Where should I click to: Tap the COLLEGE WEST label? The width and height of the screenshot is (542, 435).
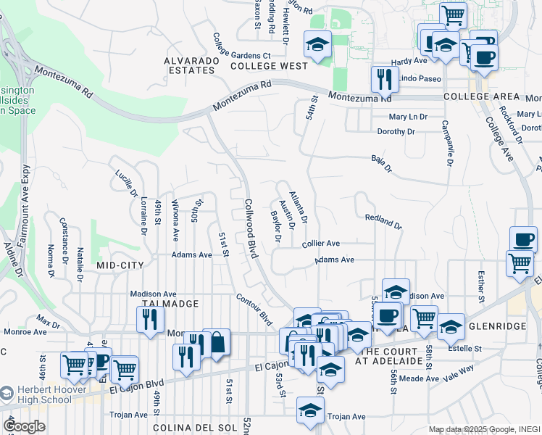269,66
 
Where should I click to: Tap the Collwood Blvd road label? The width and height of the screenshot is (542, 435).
251,229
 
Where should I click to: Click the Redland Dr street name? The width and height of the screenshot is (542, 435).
383,221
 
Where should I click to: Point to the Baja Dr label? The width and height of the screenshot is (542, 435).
381,165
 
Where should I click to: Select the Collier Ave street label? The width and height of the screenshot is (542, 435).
321,244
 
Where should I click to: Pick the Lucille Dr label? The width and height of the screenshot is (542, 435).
125,183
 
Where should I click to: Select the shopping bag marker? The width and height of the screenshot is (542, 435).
217,342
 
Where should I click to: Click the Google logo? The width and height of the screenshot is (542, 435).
25,426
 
